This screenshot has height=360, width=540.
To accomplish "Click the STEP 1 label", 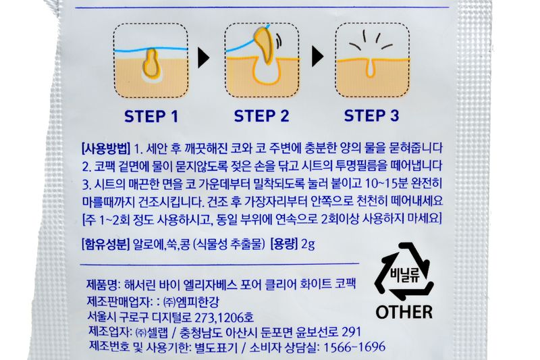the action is click(151, 116).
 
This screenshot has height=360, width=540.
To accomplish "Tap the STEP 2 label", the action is click(261, 115).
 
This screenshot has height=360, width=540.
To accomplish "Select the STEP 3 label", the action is click(372, 115).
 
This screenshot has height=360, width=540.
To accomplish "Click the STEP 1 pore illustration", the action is click(151, 61).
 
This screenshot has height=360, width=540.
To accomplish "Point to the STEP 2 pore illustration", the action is click(262, 60).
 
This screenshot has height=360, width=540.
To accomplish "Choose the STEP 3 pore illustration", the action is click(373, 60).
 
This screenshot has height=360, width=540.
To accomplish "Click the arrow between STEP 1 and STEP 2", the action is click(204, 57).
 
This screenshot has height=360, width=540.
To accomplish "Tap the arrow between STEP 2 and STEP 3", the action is click(317, 57).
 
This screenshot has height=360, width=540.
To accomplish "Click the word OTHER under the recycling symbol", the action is click(404, 312).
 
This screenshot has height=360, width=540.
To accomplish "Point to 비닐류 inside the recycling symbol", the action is click(404, 276).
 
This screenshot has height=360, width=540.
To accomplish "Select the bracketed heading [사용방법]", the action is click(106, 149).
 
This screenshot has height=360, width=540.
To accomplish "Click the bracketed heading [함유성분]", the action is click(105, 245).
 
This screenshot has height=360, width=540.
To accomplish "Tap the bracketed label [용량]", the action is click(284, 245).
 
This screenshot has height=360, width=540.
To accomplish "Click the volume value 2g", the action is click(308, 245).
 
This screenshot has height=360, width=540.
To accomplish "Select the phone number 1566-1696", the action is click(354, 347).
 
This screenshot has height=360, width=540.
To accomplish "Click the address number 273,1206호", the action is click(224, 317).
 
